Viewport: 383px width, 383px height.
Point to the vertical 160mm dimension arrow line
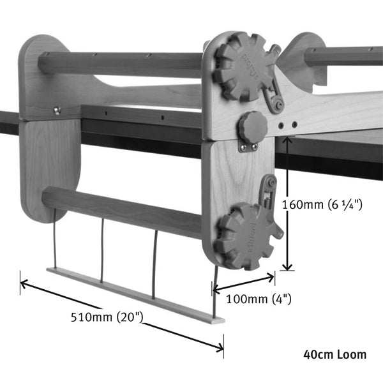[x=289, y=204]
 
